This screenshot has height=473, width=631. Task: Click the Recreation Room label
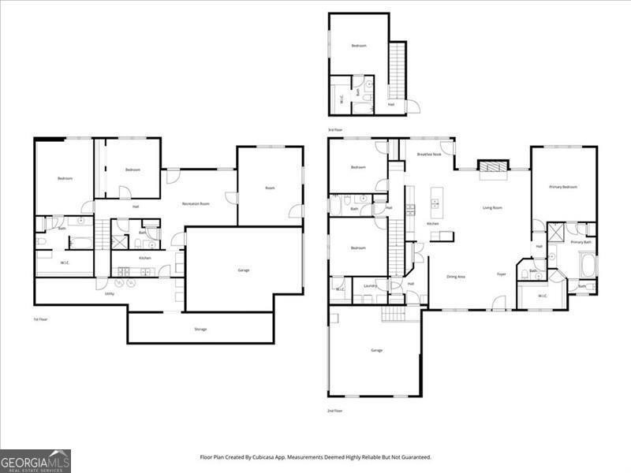pos(196,204)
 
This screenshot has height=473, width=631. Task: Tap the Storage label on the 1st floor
pos(200,329)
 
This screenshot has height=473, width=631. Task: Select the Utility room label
pos(109,293)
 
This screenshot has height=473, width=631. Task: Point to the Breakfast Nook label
pos(428,155)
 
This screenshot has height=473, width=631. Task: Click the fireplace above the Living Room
pos(493,166)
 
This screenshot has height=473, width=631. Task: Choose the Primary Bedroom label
pos(563,187)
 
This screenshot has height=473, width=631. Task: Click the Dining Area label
pos(456,277)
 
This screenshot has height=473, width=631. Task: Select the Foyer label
pos(501,274)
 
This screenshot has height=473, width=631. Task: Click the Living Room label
pos(492,208)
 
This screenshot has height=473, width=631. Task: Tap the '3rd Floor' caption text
pos(335,129)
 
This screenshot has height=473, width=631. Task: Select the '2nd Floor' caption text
pos(335,411)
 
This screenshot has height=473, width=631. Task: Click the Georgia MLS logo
pos(35,460)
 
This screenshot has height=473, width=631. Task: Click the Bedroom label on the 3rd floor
pos(359,46)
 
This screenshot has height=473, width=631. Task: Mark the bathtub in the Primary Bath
pos(588,265)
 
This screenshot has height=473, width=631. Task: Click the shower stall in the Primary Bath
pos(555,231)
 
